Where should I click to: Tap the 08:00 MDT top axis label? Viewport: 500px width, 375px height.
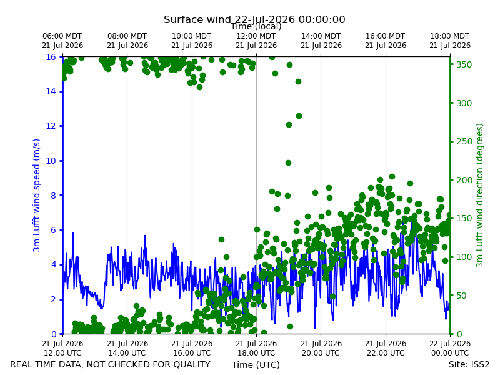click(127, 41)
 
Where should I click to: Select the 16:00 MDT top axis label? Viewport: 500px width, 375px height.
click(386, 41)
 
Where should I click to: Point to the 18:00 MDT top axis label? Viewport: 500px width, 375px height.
click(450, 41)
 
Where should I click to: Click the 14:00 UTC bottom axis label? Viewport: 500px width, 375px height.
click(127, 348)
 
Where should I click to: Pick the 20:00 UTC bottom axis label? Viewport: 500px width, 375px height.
click(321, 348)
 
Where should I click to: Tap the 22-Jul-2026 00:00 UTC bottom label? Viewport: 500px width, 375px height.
click(450, 348)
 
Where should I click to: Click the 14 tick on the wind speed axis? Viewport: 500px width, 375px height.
click(51, 91)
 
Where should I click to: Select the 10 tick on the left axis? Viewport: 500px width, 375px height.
click(51, 161)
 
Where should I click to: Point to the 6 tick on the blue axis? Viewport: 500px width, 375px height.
click(54, 230)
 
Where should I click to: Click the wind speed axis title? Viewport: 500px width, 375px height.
click(37, 195)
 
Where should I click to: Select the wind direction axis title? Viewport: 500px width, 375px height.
click(479, 196)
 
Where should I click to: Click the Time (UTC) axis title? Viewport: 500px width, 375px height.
click(256, 365)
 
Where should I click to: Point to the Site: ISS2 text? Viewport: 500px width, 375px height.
click(469, 364)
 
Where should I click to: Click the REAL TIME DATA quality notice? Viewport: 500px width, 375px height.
click(111, 364)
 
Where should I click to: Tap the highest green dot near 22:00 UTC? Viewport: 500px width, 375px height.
click(392, 177)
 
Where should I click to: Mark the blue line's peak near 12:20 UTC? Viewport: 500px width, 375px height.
click(72, 232)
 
